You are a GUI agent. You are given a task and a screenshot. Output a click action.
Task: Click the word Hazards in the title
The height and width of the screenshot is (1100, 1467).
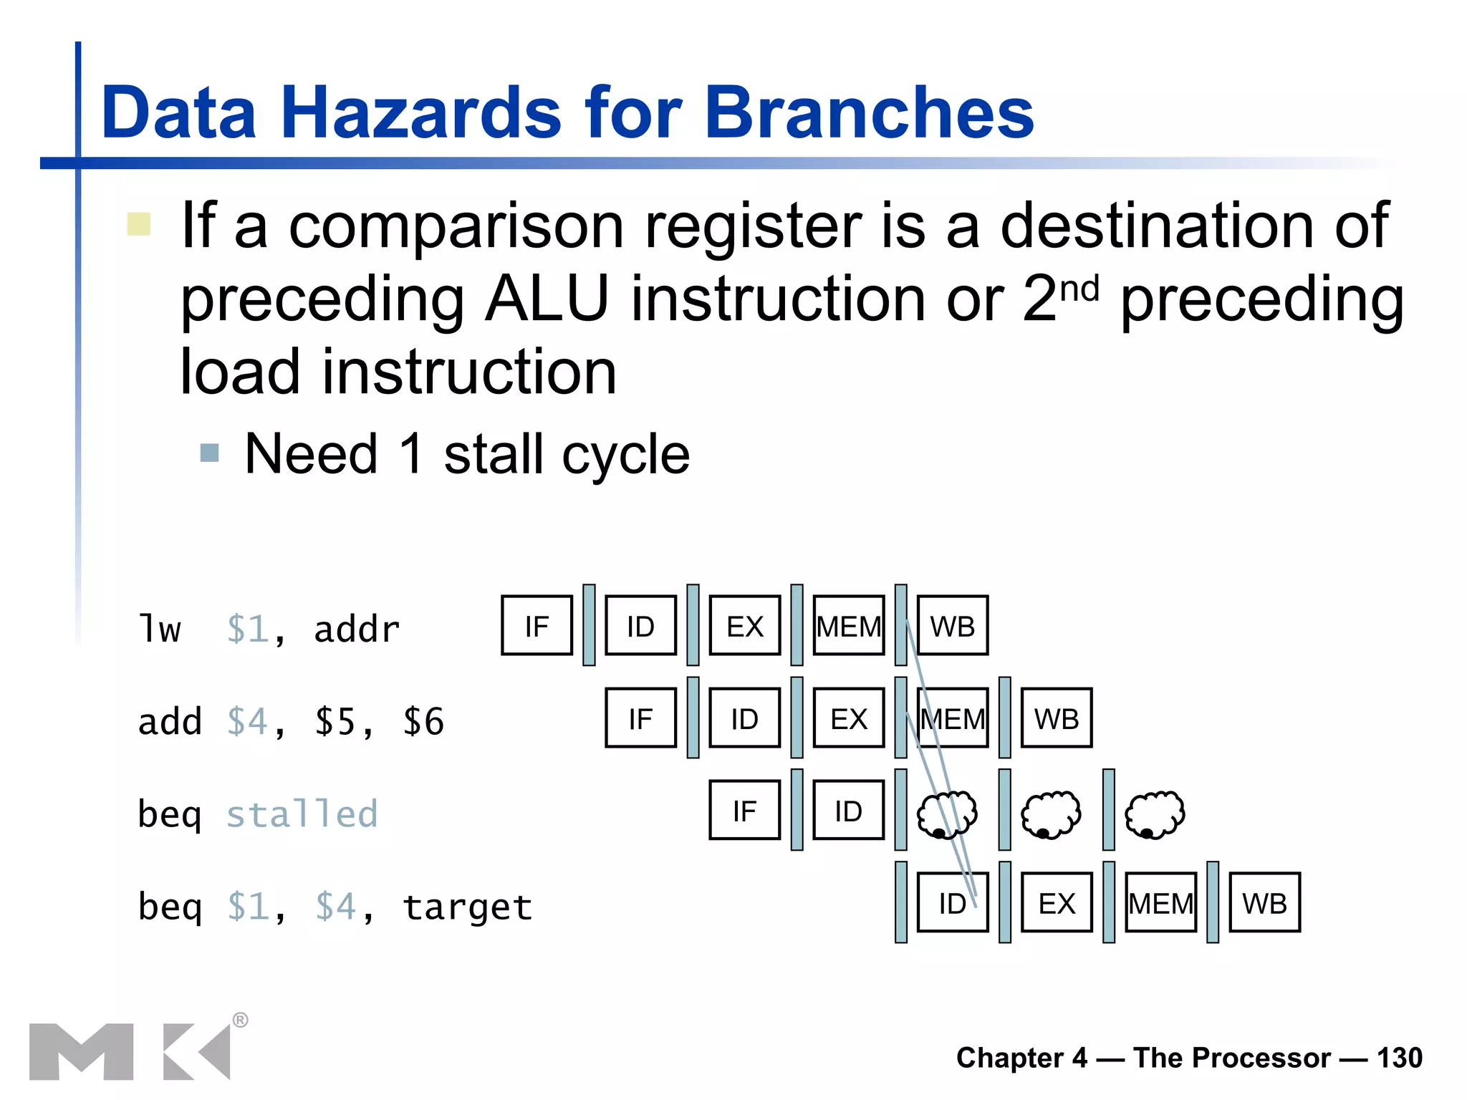coord(421,112)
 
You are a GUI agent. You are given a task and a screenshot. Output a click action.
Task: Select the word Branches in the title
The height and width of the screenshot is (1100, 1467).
coord(869,112)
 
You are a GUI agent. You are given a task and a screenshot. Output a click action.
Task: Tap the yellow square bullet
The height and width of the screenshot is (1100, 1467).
coord(138,224)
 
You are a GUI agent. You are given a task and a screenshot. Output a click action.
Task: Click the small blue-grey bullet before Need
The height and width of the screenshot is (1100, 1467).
coord(209,453)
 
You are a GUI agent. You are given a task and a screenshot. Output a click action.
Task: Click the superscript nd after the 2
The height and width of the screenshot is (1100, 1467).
coord(1079,289)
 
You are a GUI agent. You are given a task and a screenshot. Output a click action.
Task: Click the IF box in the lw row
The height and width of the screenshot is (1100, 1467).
coord(537,626)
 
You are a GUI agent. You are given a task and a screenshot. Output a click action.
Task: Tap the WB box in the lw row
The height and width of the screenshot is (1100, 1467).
coord(952,626)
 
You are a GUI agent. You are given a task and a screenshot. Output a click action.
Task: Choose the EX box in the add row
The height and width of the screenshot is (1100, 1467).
coord(848,718)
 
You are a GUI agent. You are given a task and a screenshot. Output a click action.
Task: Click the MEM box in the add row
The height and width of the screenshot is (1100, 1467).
coord(952,718)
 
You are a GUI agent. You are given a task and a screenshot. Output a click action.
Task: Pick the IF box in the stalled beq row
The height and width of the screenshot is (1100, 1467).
coord(744,811)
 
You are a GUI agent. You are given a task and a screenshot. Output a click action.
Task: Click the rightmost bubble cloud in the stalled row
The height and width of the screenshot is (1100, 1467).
coord(1154,814)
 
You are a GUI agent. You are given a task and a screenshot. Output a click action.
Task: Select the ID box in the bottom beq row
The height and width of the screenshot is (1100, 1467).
coord(952,902)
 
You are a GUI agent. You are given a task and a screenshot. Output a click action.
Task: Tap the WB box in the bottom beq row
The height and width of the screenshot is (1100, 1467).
coord(1264,902)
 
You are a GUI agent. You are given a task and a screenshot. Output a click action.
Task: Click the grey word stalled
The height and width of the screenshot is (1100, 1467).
coord(302,814)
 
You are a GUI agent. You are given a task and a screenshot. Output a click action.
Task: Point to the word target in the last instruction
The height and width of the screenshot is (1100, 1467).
coord(467,907)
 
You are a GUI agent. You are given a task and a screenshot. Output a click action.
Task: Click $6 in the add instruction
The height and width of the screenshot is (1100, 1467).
coord(423,721)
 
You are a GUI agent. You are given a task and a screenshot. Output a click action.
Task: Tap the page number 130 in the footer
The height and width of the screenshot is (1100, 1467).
coord(1399,1058)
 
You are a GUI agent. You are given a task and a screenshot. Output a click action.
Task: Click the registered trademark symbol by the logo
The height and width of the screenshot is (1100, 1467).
coord(241,1020)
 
